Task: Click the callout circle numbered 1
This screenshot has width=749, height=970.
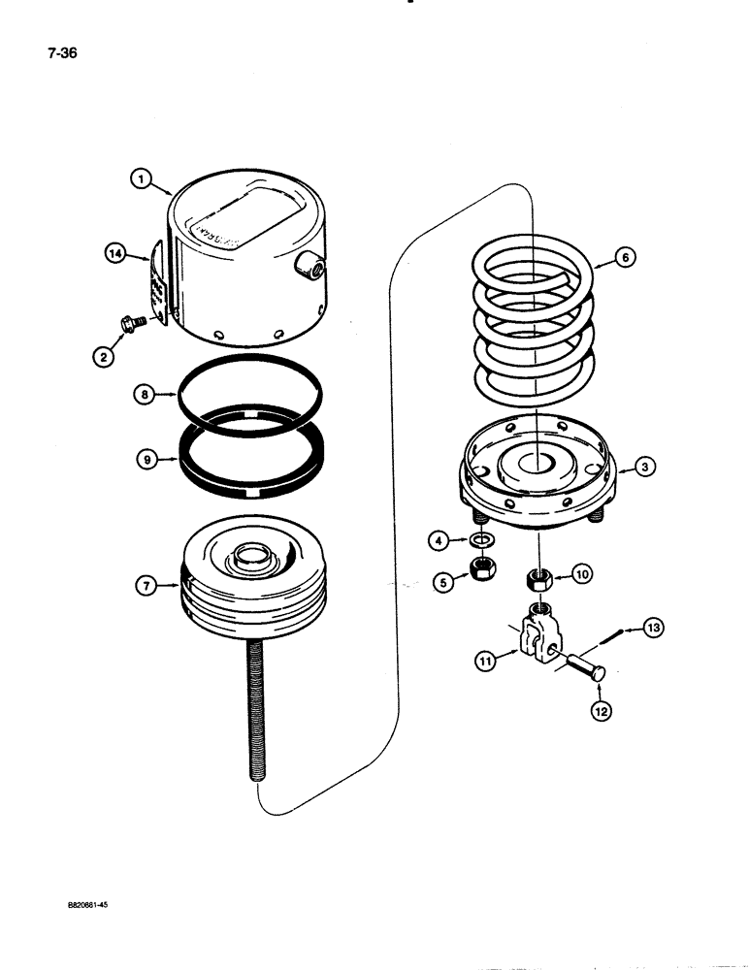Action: click(x=142, y=178)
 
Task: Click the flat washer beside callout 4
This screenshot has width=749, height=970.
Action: click(x=480, y=539)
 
